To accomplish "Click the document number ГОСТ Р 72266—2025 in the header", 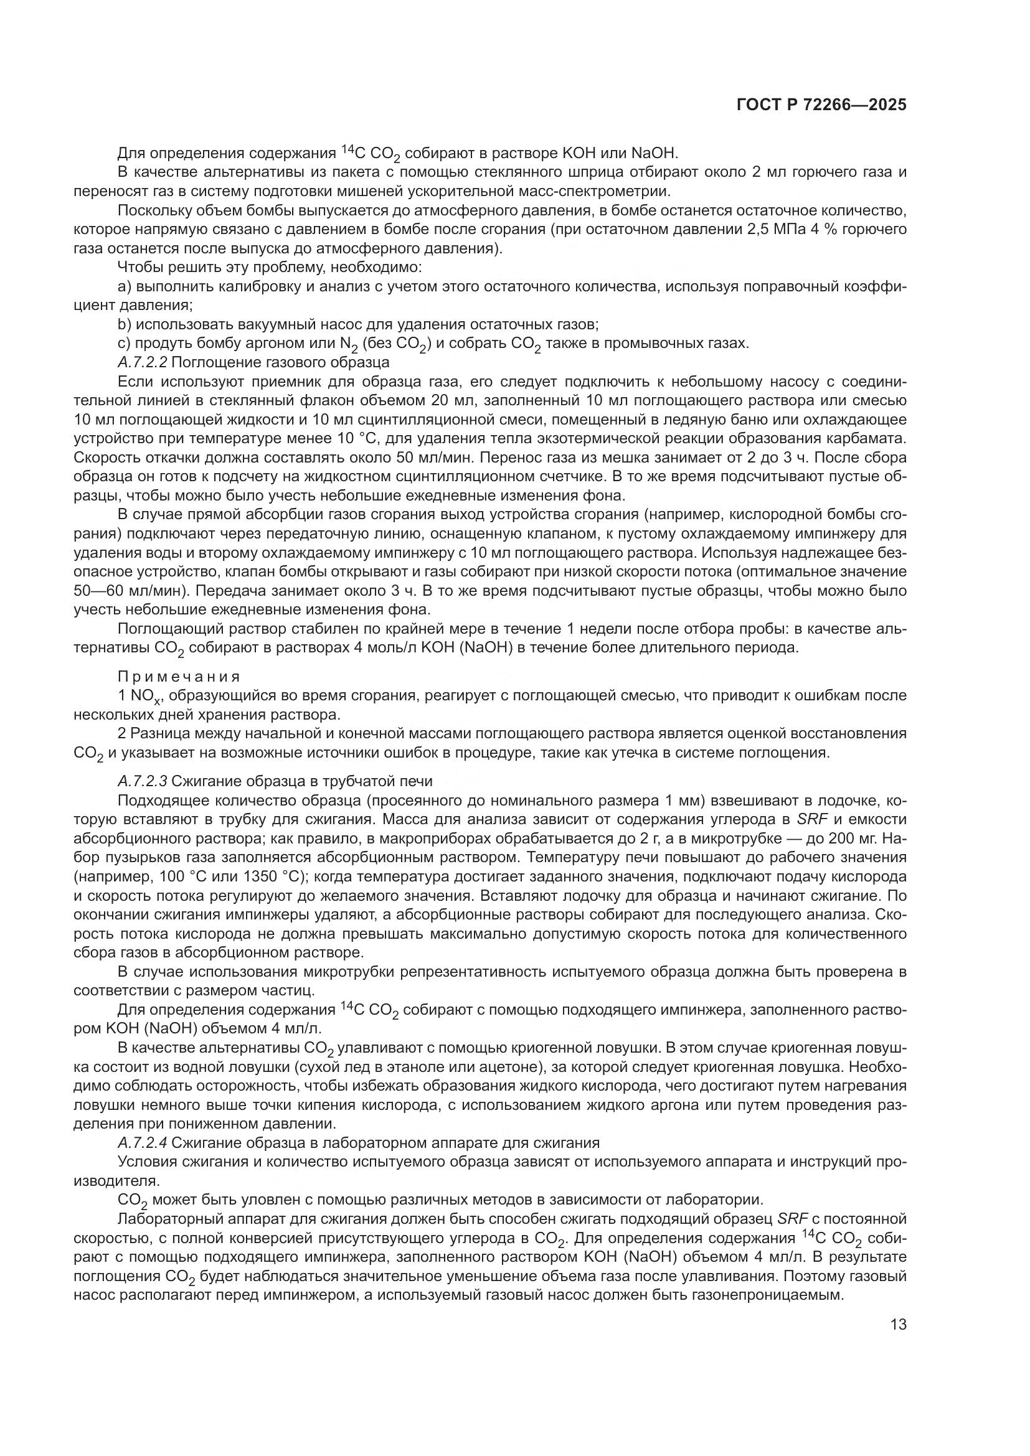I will pos(821,105).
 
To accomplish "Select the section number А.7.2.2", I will pos(143,363).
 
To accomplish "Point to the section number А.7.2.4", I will pos(143,1143).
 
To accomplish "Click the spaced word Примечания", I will pos(179,676).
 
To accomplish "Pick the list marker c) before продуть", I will pos(124,344).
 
